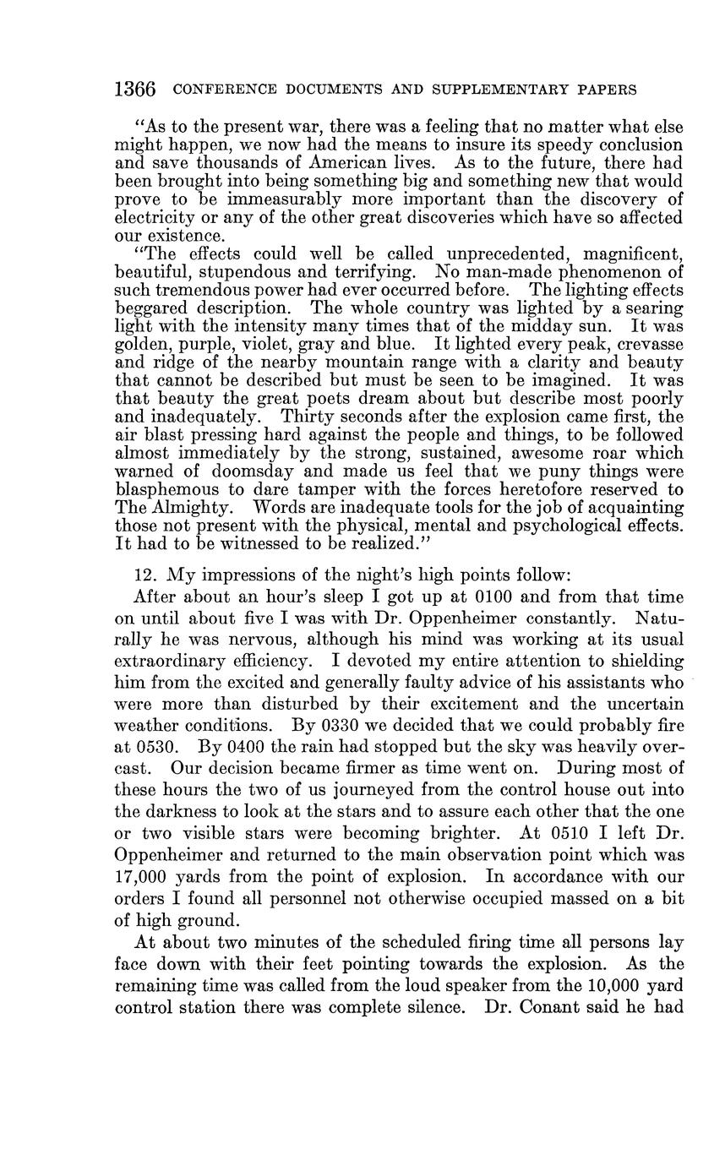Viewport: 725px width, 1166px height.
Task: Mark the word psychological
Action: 556,525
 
